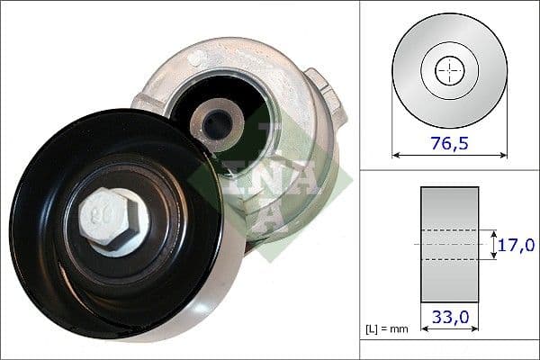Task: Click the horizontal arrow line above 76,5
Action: (x=449, y=155)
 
